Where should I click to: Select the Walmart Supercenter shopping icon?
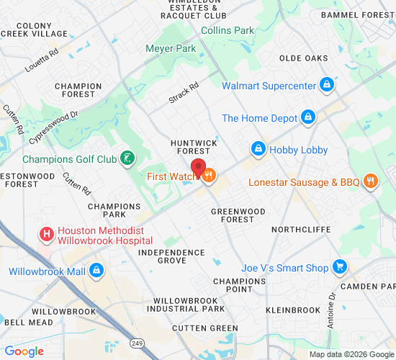328,86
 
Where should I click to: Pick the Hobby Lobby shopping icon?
258,150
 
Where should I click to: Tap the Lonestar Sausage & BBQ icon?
371,181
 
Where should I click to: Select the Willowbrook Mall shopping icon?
95,271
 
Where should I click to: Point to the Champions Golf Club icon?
127,158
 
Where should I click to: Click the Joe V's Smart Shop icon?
340,268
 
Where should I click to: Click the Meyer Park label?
171,49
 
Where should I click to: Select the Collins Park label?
228,30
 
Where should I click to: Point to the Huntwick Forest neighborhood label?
194,147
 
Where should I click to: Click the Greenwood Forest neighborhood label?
238,216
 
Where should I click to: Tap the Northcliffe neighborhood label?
301,229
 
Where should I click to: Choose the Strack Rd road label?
184,91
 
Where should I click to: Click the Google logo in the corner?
24,351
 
